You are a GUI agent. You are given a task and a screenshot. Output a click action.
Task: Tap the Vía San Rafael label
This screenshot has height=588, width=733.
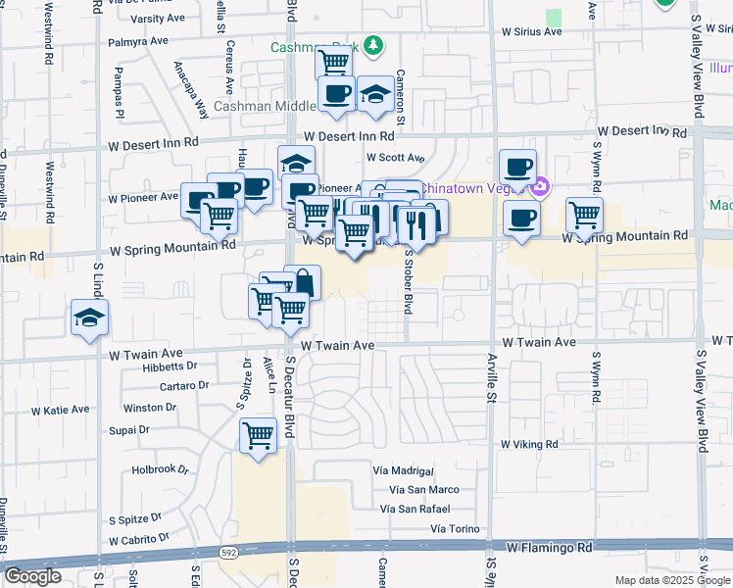click(x=416, y=509)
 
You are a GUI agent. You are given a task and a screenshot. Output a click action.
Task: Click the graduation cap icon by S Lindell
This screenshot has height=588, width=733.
click(x=89, y=318)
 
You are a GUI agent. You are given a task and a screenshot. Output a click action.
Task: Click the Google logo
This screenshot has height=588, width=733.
click(x=32, y=576)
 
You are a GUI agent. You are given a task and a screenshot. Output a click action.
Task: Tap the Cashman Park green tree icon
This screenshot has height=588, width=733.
click(x=372, y=45)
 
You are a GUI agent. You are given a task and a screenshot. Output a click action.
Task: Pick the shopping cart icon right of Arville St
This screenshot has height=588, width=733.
click(x=584, y=214)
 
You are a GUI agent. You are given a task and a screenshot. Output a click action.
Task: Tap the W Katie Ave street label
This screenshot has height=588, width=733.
click(x=60, y=410)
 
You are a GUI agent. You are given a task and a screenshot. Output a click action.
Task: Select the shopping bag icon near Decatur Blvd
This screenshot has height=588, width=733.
click(x=303, y=282)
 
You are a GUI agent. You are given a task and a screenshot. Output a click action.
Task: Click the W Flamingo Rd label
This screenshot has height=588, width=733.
click(x=550, y=547)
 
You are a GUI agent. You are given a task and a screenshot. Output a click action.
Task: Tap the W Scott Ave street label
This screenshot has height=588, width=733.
click(x=395, y=157)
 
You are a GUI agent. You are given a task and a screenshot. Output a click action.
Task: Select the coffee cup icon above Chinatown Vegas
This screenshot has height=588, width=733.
click(x=517, y=166)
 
